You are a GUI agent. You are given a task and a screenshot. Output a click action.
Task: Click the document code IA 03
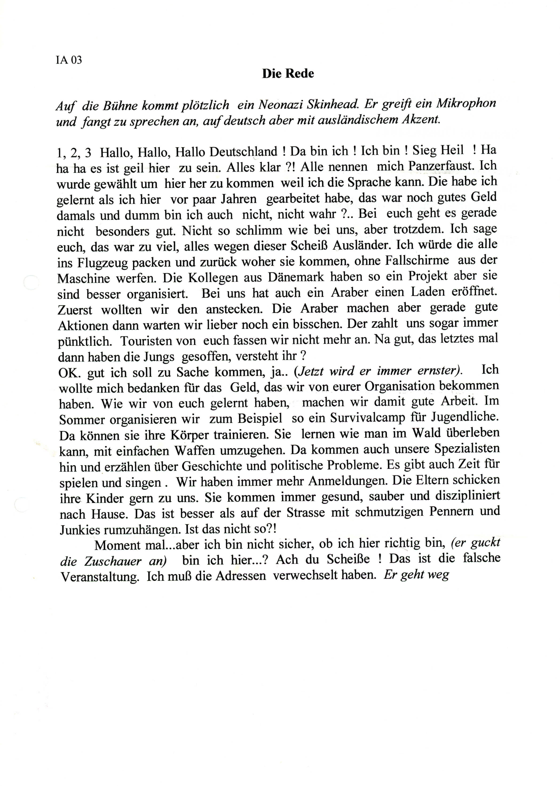pyautogui.click(x=69, y=60)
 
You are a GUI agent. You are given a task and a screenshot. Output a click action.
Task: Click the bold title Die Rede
pyautogui.click(x=288, y=73)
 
